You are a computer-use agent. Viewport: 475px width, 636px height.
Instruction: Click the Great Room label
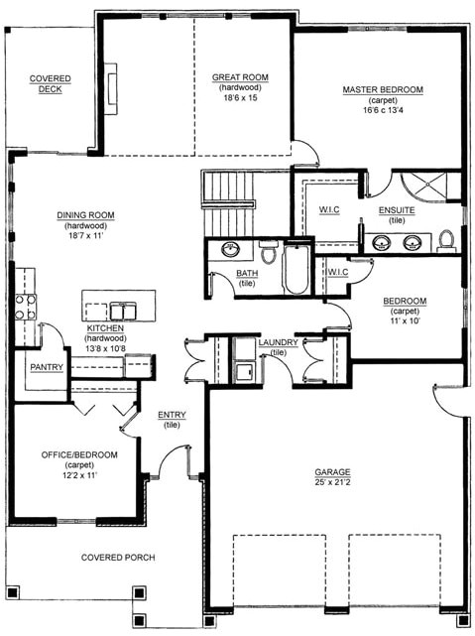(240, 77)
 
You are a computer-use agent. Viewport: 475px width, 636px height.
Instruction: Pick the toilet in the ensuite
(446, 240)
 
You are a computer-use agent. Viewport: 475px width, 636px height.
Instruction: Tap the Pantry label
(47, 367)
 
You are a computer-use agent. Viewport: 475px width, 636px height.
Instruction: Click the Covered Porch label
(118, 558)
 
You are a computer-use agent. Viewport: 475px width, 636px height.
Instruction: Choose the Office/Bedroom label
(79, 454)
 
